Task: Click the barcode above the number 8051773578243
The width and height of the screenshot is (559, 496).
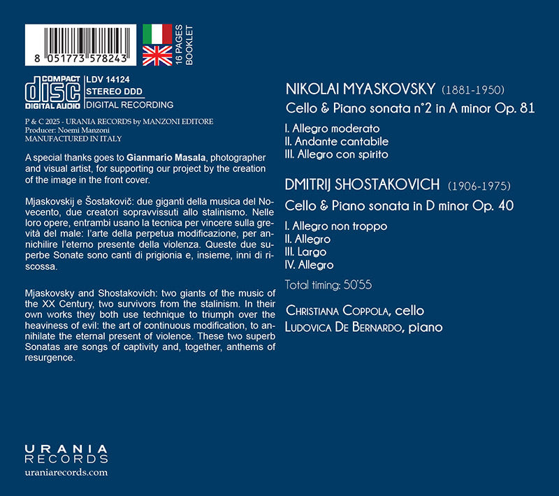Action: click(82, 41)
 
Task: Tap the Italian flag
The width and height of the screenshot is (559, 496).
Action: click(157, 34)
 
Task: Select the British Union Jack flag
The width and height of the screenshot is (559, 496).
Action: click(157, 55)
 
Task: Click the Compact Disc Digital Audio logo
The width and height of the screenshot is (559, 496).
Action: click(52, 92)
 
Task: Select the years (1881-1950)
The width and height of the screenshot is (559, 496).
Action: click(472, 90)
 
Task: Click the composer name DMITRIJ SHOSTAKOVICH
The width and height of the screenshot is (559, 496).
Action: click(362, 185)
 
